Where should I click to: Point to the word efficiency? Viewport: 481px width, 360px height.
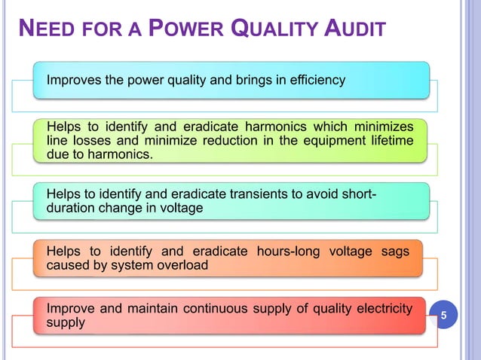318,80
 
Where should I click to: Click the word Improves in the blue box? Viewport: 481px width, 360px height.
74,80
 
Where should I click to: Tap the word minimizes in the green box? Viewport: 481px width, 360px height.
383,125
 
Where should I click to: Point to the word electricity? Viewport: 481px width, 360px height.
384,308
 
